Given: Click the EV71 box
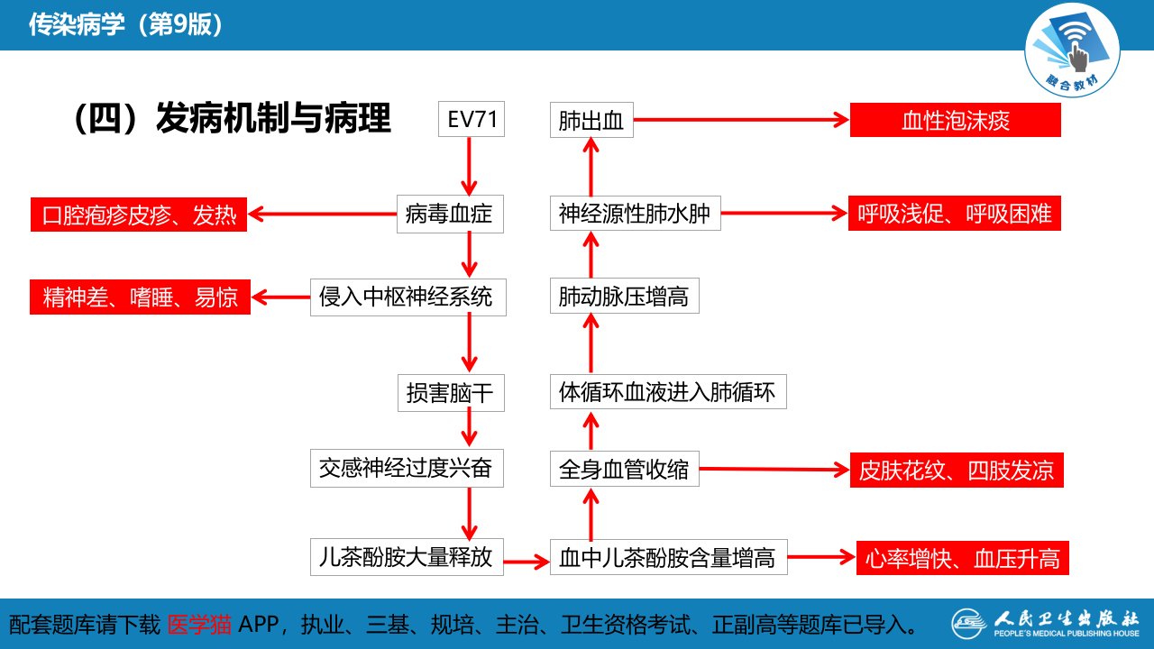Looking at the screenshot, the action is click(472, 119).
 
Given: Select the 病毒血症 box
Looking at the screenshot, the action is click(450, 214).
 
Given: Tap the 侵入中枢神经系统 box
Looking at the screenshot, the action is click(408, 297).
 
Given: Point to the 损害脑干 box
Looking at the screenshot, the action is click(451, 393).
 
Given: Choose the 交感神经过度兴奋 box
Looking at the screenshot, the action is click(407, 468).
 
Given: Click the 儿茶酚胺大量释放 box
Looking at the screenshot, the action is click(407, 557).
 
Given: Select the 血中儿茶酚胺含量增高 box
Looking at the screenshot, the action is click(669, 557).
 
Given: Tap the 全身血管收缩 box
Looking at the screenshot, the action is click(625, 469).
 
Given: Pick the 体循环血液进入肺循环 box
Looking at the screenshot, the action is click(668, 392).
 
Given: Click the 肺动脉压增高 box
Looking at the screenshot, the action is click(625, 297).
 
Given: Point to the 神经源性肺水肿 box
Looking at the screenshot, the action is click(636, 214).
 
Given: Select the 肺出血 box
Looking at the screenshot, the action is click(591, 120).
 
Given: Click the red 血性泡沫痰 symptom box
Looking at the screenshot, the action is click(955, 120).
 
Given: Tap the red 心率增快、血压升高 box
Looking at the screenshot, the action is click(962, 558).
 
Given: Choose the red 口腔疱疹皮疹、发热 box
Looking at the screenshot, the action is click(139, 215).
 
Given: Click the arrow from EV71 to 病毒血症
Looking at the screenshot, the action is click(469, 166).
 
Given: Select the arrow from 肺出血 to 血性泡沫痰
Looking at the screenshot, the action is click(741, 120).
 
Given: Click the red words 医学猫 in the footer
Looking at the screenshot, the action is click(199, 625).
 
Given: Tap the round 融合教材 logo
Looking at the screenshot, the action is click(1072, 50).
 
